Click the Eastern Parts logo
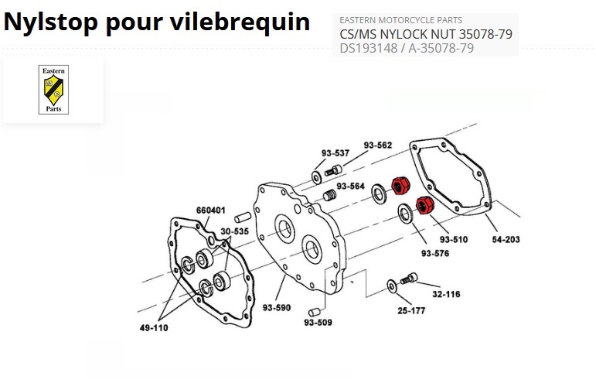click(53, 89)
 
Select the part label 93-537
click(336, 152)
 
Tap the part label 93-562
click(378, 145)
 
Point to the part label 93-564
click(350, 186)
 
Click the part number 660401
click(210, 210)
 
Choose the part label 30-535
click(234, 231)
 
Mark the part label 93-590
click(276, 308)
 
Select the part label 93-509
click(318, 322)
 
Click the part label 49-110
click(154, 328)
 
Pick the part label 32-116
click(446, 294)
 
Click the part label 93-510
click(454, 239)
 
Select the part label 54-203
click(506, 240)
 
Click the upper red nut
click(400, 186)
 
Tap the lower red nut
click(424, 207)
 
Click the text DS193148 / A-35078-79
click(407, 48)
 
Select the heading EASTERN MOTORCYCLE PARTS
click(401, 19)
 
